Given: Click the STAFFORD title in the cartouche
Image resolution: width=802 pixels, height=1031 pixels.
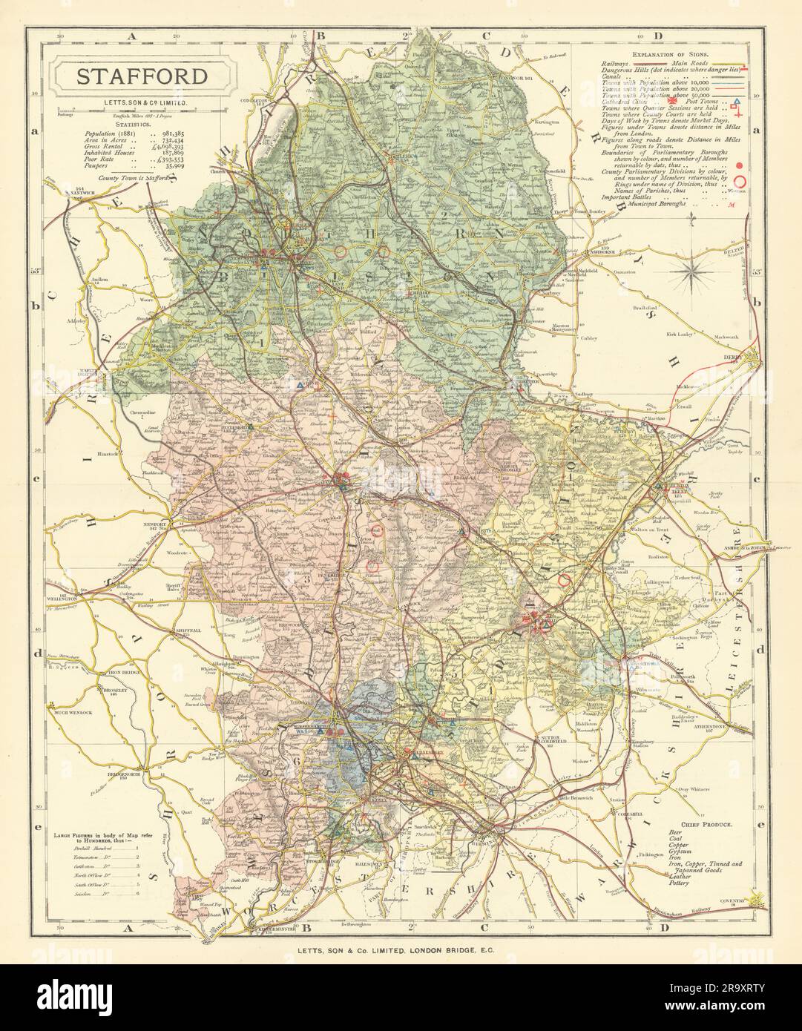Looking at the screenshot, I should [140, 76].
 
